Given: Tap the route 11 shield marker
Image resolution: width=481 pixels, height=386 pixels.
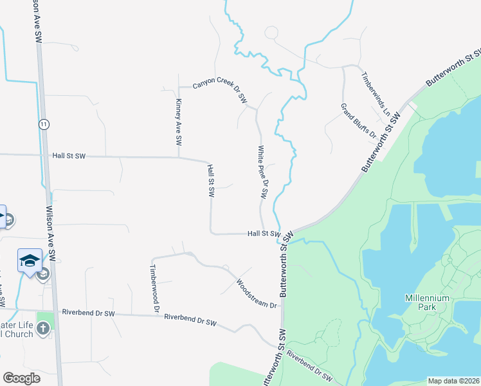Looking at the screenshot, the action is coord(44,124).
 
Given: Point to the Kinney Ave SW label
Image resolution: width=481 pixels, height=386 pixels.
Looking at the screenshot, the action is coord(179,122).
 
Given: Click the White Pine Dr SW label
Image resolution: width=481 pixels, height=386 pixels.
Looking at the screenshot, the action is coord(262,171).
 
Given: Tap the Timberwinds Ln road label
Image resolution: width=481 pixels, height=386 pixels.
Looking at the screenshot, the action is coord(376,93).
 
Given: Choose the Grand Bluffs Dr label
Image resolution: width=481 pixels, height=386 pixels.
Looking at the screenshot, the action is coord(358,121).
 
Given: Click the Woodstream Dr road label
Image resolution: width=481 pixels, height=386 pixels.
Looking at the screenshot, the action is coord(256,293).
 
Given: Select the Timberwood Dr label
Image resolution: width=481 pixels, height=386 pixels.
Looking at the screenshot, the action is coord(154,288).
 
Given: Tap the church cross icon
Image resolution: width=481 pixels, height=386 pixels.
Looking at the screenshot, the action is coord(43,329).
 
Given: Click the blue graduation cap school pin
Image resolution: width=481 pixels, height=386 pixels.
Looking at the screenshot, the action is coord(30,260).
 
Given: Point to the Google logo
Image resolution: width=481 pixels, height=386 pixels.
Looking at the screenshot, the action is coord(21,378).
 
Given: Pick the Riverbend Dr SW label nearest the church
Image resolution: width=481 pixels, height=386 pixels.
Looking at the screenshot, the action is coord(88,313).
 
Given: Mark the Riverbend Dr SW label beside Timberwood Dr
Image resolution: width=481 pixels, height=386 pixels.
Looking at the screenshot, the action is coord(190,319).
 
